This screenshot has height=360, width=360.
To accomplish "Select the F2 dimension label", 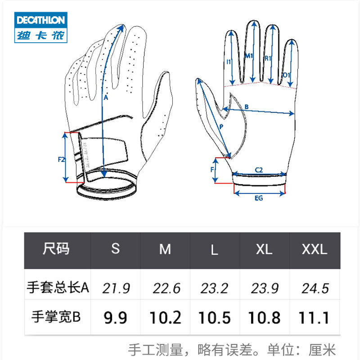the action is click(x=62, y=159).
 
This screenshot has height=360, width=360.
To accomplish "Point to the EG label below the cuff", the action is click(x=258, y=198).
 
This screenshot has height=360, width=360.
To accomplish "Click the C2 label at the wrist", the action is click(x=259, y=170).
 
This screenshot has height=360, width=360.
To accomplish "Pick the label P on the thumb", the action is click(x=221, y=127).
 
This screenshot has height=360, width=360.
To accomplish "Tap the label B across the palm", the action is click(x=246, y=107).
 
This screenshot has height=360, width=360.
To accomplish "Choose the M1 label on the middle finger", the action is click(x=249, y=56).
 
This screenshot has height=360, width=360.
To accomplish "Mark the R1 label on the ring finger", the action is click(x=267, y=58).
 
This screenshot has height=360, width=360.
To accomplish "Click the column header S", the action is click(x=116, y=248).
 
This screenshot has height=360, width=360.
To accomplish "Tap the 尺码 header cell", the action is click(x=57, y=249).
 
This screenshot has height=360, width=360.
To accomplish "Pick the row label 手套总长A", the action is click(x=58, y=288).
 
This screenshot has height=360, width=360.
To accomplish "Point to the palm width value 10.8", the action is click(x=264, y=318).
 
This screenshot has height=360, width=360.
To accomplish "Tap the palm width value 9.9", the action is click(x=116, y=318).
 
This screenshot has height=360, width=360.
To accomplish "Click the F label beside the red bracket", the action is click(x=212, y=170).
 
